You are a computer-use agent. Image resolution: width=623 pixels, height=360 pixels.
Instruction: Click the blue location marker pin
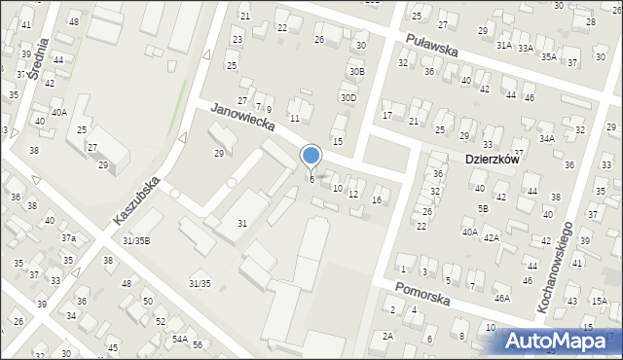coord(311,157)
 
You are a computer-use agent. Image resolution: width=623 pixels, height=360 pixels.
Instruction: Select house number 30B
coord(357,71)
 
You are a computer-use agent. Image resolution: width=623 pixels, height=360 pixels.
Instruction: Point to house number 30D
coord(348,97)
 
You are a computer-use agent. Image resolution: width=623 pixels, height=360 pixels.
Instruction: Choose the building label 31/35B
coord(136,240)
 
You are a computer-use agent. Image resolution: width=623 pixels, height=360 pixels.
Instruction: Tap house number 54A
coord(180,340)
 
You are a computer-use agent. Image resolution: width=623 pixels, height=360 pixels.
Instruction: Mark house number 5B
coord(483,208)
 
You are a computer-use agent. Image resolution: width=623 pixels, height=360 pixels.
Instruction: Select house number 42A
coord(492,237)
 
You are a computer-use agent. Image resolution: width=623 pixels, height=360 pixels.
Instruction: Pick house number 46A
coord(501,299)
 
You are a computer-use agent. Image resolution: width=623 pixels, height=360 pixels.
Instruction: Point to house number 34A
coord(547,139)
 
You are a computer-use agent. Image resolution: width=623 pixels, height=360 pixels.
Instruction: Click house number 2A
coord(387,336)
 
